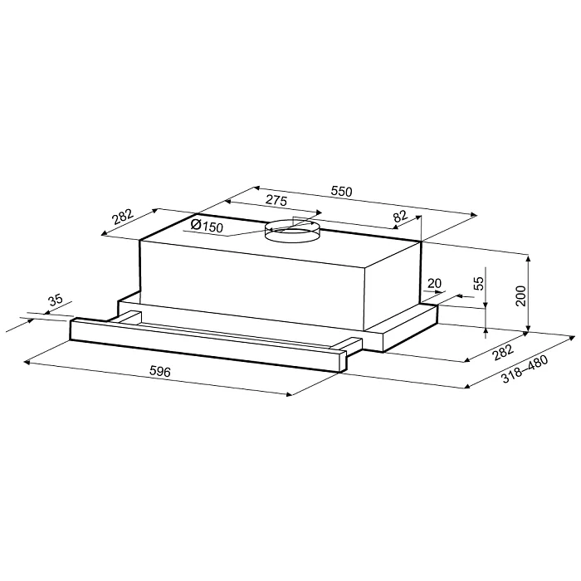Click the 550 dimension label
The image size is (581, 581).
(x=341, y=192)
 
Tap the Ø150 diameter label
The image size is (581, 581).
(x=205, y=226)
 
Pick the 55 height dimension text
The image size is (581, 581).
(x=478, y=283)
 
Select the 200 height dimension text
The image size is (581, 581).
(x=520, y=293)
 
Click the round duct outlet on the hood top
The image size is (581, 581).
(x=291, y=231)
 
